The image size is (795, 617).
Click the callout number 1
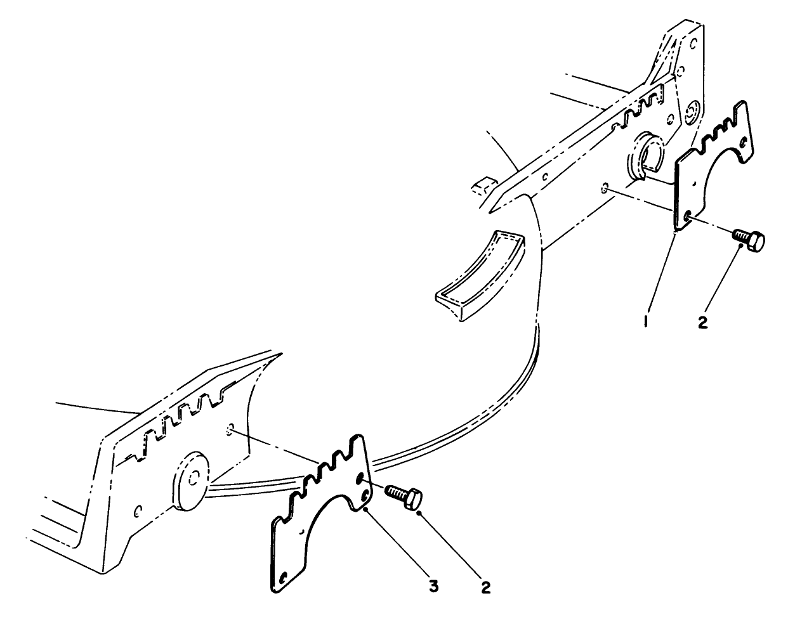point(645,322)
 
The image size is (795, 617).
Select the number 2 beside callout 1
point(702,322)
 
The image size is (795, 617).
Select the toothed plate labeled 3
point(317,507)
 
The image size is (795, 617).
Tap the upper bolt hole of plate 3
point(360,477)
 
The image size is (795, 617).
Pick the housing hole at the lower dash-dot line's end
point(230,429)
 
